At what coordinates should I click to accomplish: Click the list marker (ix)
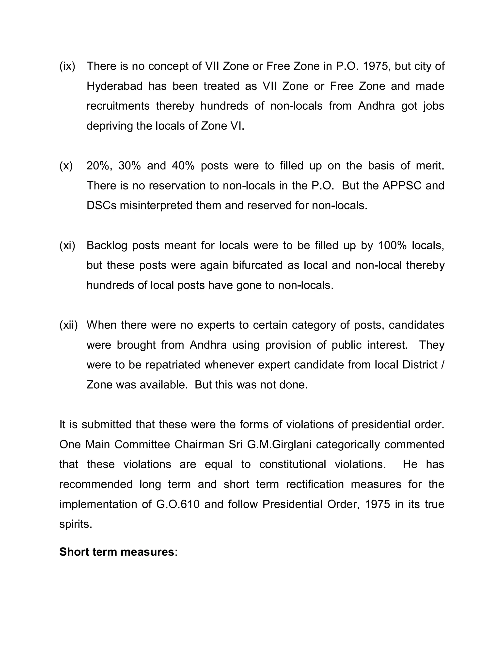click(x=67, y=66)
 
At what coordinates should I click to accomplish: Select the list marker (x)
click(x=66, y=166)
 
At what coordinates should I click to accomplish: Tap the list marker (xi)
click(x=67, y=245)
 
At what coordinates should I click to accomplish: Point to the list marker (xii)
click(x=68, y=325)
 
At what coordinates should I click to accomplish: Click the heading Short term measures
click(x=116, y=552)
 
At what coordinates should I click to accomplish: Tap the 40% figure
click(x=183, y=166)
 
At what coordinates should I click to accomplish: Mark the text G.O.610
click(x=178, y=504)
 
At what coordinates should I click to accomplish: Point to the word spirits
click(x=76, y=524)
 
